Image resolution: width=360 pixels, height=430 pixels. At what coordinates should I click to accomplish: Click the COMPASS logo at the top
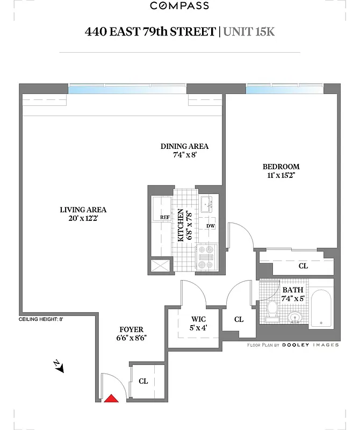click(x=179, y=6)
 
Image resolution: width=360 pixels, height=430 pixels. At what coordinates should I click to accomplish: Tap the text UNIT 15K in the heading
click(x=248, y=31)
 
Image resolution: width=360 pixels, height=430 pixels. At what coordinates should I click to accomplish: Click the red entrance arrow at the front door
click(x=111, y=398)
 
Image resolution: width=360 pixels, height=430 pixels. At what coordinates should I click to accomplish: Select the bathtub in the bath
click(x=321, y=309)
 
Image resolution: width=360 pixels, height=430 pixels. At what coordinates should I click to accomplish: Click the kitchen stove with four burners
click(x=206, y=257)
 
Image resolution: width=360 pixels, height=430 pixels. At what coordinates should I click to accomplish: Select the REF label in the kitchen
click(x=164, y=217)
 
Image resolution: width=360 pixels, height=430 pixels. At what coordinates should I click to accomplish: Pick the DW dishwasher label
click(x=210, y=226)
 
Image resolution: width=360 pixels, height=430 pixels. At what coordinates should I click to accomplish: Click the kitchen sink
click(x=206, y=204)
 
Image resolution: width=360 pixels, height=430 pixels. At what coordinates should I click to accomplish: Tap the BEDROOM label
click(x=280, y=167)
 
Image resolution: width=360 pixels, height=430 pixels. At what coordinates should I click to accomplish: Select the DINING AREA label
click(x=184, y=146)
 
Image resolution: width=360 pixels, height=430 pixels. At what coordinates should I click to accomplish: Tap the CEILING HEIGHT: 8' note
click(x=41, y=319)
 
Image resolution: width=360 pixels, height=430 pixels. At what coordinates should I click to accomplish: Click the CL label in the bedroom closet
click(x=303, y=266)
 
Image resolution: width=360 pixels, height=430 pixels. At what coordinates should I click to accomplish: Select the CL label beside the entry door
click(x=143, y=381)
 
